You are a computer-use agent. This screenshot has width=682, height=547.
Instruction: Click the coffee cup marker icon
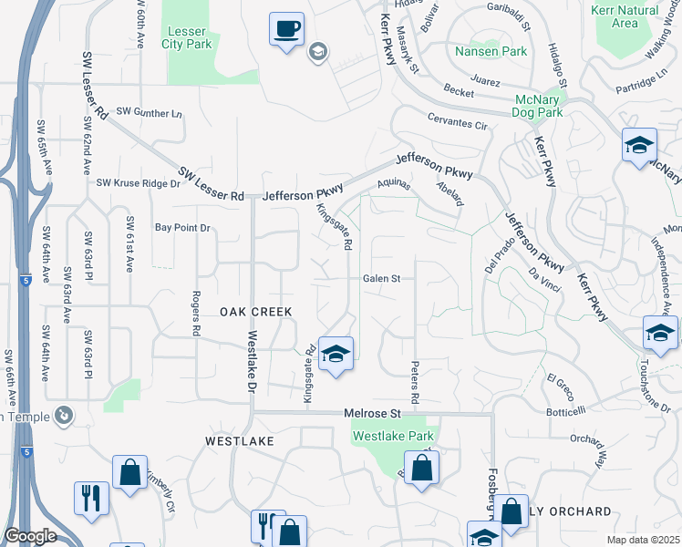(287, 29)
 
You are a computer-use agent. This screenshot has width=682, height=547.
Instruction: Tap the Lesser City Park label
(187, 36)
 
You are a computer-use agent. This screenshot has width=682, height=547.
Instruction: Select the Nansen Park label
(491, 51)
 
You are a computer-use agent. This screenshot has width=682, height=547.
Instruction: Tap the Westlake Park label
(393, 436)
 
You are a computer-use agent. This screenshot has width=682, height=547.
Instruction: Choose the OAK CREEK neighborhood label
(256, 312)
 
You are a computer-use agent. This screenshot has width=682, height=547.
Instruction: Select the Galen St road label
(382, 278)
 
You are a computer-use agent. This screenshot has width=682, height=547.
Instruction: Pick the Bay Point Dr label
(182, 227)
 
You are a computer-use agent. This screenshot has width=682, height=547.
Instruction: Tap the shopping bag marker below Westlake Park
(421, 469)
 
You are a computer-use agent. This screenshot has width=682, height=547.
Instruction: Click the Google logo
(31, 536)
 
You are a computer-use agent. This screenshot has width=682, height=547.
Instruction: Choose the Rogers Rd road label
(195, 313)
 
